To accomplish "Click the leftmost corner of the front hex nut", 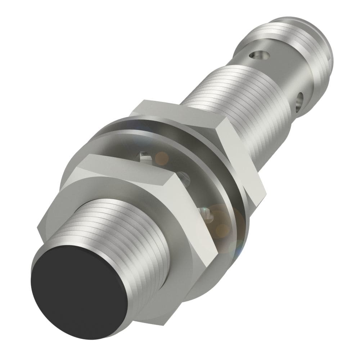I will tap(39, 227).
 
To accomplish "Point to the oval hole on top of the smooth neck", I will tap(260, 55).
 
